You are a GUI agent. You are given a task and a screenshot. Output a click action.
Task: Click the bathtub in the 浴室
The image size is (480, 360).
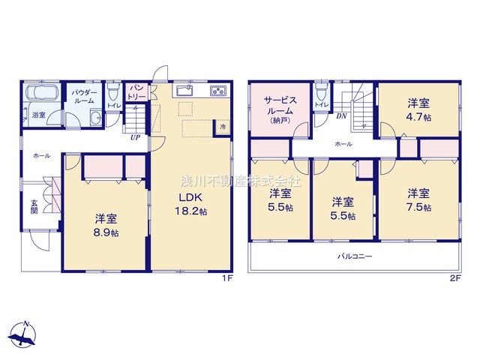pos(42,92)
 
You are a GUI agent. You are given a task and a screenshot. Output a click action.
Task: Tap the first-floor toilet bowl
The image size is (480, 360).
pos(113,91)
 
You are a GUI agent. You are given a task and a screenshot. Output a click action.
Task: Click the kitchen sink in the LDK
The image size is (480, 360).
pos(184,90)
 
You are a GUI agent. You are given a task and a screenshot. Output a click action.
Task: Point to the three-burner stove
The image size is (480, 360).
pos(218,91)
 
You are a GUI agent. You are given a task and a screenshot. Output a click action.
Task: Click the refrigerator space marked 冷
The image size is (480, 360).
pos(223,127)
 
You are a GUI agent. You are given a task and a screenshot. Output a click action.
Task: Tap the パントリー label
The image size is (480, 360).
pos(136,92)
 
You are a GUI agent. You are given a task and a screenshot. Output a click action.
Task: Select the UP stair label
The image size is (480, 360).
pos(135,137)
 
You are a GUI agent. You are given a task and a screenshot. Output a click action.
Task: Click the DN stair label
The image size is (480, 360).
pos(341,116)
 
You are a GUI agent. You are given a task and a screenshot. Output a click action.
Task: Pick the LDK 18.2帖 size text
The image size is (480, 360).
pos(190,204)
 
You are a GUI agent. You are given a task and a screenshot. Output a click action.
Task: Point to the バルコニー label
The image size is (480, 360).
pos(355,256)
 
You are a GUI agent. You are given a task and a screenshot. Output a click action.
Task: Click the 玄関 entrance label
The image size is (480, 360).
pos(34,207)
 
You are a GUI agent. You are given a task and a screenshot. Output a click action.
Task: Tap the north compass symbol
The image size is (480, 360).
pos(23,334)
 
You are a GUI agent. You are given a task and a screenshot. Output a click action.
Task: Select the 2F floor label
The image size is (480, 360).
pos(455,278)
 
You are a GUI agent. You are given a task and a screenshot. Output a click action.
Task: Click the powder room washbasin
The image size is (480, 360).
pos(97,117)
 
